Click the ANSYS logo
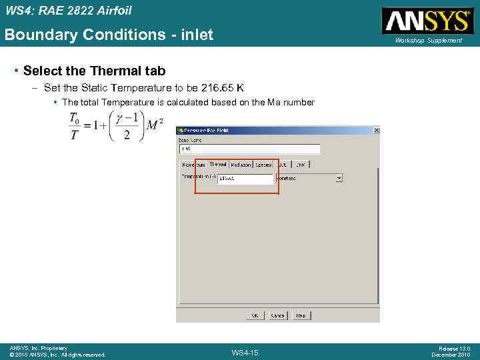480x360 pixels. (427, 20)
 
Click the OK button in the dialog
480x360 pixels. (255, 315)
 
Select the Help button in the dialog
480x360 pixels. (301, 315)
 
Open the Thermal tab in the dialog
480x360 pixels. (218, 164)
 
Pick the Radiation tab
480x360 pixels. (241, 164)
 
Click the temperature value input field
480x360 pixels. (245, 179)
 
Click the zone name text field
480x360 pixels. (248, 149)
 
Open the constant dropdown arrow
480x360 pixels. (339, 179)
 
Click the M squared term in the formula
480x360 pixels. (155, 125)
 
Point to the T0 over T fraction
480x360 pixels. (74, 126)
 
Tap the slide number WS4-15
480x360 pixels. (245, 352)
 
